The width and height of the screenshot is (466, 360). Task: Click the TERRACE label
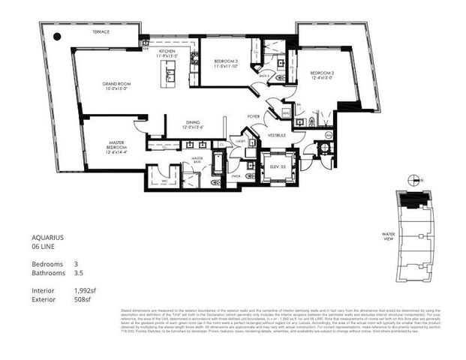pyautogui.click(x=101, y=33)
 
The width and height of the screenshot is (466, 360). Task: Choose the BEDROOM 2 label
pyautogui.click(x=323, y=75)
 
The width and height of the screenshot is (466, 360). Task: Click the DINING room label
pyautogui.click(x=192, y=125)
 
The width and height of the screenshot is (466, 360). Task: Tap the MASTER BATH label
pyautogui.click(x=197, y=160)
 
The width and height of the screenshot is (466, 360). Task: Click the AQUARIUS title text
pyautogui.click(x=48, y=237)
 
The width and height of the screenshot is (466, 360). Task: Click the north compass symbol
pyautogui.click(x=411, y=179)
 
